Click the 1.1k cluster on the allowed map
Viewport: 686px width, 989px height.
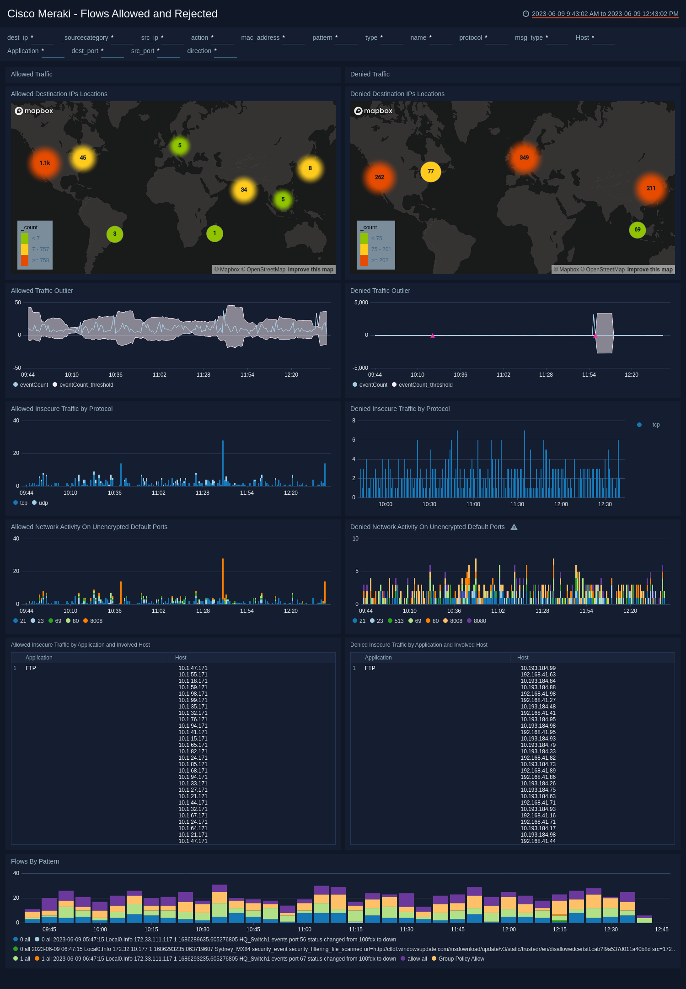coord(45,163)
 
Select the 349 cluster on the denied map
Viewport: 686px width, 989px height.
coord(524,157)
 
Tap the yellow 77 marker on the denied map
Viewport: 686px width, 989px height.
coord(430,172)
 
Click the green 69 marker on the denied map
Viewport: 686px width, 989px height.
coord(637,230)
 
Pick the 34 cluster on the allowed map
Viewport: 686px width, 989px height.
coord(244,189)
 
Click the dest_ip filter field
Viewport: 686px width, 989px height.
coord(42,38)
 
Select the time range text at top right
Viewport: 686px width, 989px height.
coord(605,14)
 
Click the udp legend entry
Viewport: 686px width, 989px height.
coord(43,503)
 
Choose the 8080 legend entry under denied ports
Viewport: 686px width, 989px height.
coord(479,621)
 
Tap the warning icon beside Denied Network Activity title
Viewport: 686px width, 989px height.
coord(514,527)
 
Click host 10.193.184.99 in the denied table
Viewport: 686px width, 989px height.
coord(538,668)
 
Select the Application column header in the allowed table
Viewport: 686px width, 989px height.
coord(39,658)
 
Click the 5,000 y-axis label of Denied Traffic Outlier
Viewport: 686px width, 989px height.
coord(361,303)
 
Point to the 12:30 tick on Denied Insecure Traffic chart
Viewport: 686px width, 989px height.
coord(605,504)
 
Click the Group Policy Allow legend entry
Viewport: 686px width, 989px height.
coord(461,959)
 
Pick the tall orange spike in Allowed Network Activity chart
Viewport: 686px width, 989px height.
coord(223,577)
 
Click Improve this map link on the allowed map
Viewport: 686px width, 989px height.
coord(310,270)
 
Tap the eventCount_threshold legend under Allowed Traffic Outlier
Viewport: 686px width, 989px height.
coord(86,385)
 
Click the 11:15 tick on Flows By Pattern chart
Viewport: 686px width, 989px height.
coord(355,930)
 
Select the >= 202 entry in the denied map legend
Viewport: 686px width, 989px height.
coord(380,260)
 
